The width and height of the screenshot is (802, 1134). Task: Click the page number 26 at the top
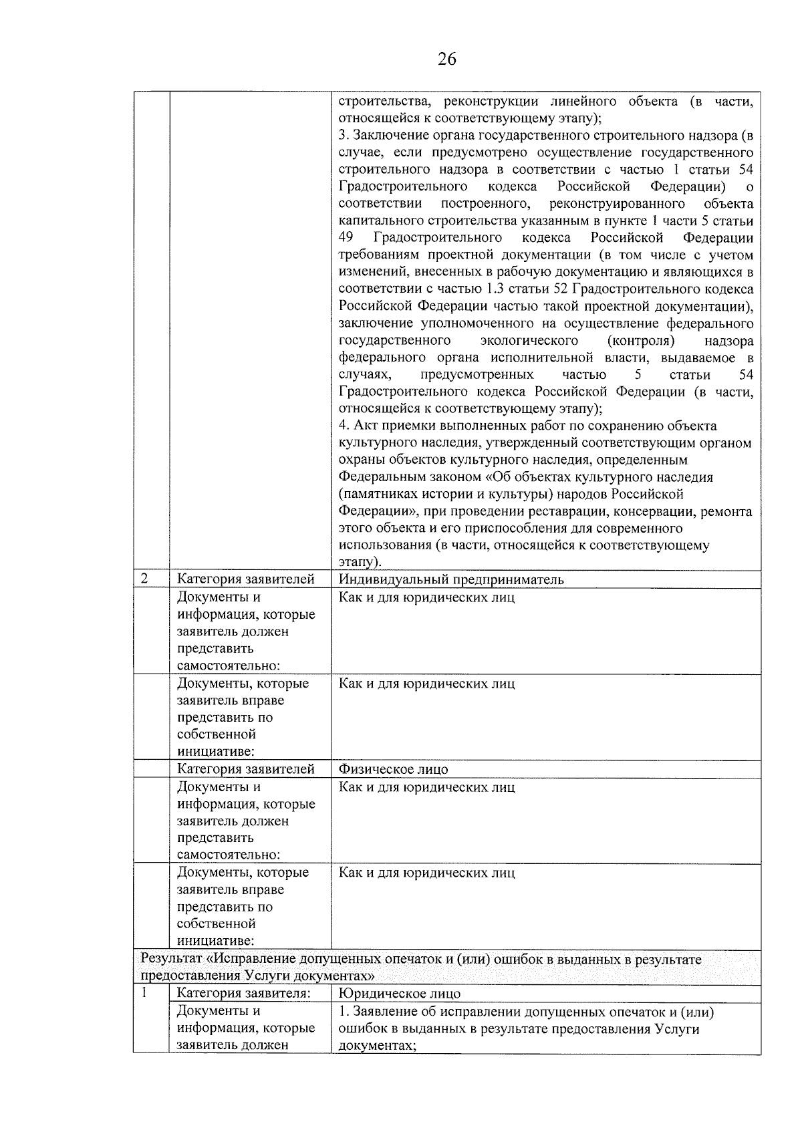point(446,59)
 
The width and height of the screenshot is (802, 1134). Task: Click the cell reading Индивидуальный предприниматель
point(451,579)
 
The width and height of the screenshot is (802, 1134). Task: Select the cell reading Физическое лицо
point(393,769)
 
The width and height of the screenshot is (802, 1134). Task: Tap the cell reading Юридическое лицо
point(399,994)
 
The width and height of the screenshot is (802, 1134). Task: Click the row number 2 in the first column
point(144,578)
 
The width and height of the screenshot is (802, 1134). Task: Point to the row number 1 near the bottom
point(144,992)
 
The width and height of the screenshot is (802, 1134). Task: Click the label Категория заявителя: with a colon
point(243,994)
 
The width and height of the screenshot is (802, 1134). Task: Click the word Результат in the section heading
point(170,959)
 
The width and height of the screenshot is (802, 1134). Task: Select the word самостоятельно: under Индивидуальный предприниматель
point(228,666)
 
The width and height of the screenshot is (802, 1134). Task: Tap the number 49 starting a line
point(346,238)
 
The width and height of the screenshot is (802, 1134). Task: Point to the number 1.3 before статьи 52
point(493,289)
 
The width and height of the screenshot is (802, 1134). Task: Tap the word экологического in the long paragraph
point(529,341)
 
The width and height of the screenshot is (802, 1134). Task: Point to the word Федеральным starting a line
point(377,477)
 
